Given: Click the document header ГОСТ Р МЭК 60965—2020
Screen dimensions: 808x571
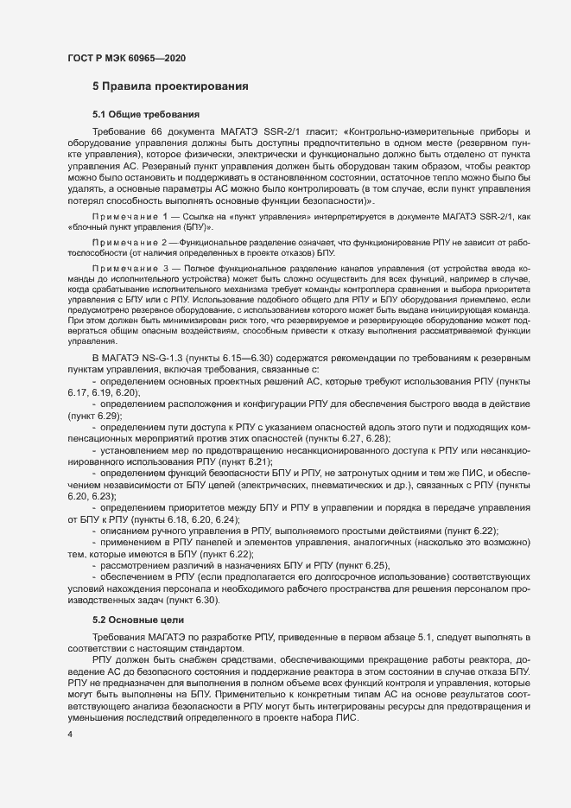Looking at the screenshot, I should click(126, 58).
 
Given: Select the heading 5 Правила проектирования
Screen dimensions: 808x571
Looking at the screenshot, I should click(171, 86).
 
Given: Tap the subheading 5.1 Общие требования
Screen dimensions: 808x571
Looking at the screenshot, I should click(147, 114).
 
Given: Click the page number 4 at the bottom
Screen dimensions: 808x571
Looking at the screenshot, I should click(70, 735).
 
